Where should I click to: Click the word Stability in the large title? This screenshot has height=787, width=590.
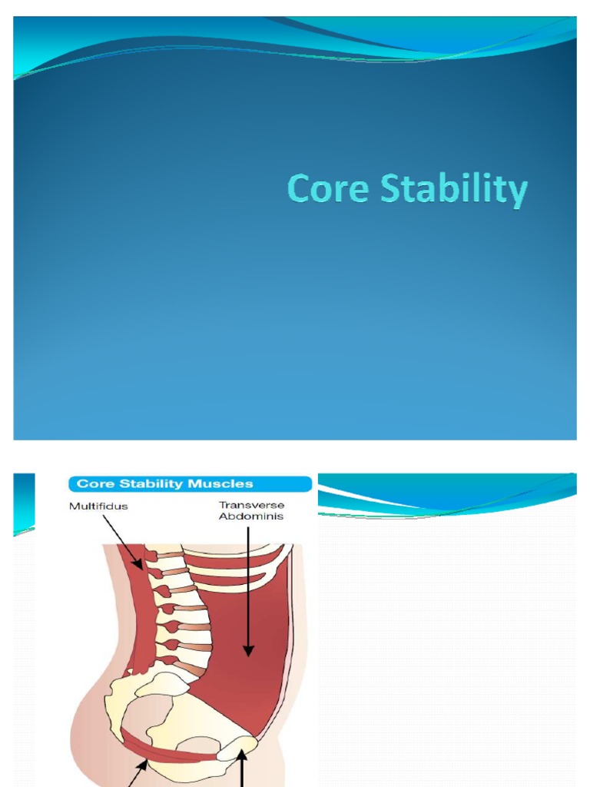454,190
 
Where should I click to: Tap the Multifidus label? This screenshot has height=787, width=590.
98,506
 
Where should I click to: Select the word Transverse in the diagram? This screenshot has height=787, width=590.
251,505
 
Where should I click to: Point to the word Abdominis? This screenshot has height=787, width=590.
251,516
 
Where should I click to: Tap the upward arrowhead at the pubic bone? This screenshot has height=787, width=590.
243,756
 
